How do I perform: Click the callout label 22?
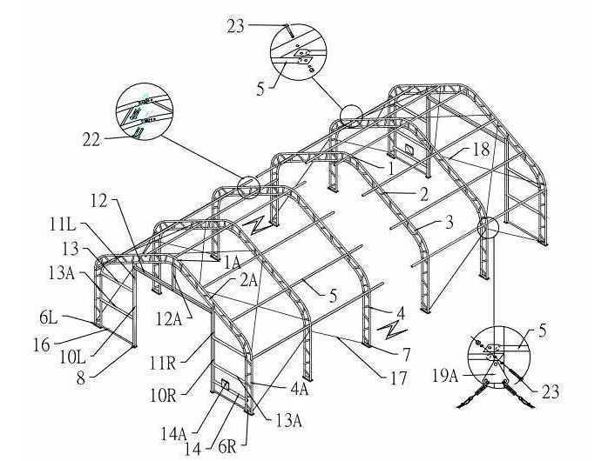(91, 140)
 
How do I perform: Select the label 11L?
(63, 224)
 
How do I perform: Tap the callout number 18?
(481, 149)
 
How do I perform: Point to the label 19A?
(445, 376)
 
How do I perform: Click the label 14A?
(172, 433)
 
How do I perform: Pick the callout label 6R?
(227, 447)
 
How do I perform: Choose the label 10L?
(72, 357)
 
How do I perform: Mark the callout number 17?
(398, 378)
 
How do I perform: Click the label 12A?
(170, 319)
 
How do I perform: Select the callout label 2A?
(248, 280)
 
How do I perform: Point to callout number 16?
(43, 345)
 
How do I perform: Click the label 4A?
(299, 389)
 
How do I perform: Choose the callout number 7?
(406, 355)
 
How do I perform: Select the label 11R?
(162, 364)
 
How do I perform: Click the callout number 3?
(449, 223)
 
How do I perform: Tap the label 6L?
(49, 318)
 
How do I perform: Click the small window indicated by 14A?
(226, 384)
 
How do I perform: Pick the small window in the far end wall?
(409, 149)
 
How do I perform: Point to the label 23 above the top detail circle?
(235, 26)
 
